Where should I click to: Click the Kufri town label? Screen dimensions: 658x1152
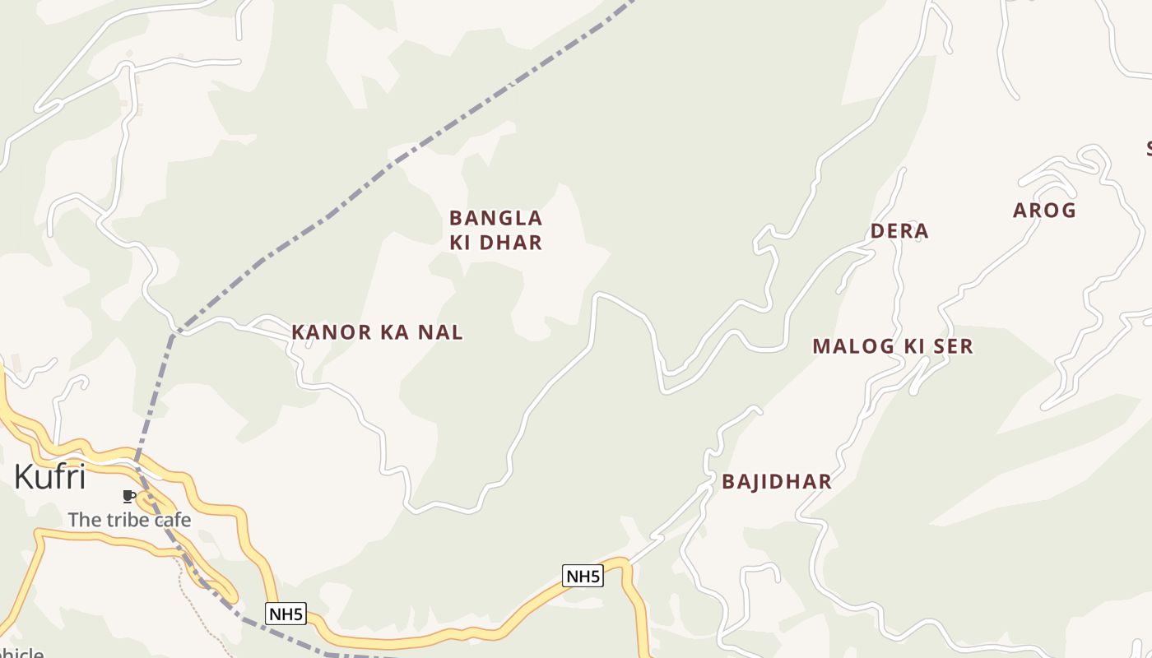pos(50,476)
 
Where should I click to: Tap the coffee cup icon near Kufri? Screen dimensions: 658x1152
pos(128,496)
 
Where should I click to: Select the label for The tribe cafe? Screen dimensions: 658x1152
pos(129,520)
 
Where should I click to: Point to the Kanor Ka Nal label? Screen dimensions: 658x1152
pos(377,332)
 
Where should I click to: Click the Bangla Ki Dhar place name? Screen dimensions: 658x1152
pos(495,230)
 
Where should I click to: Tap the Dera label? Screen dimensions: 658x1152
pos(899,231)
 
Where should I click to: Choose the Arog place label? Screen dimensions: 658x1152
pos(1044,211)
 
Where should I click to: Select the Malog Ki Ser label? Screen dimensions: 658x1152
pos(893,346)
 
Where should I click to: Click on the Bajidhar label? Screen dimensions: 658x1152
pos(777,482)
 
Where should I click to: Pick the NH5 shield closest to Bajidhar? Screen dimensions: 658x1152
pos(583,576)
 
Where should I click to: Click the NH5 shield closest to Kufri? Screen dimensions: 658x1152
pos(286,614)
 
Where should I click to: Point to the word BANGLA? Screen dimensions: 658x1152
pos(495,219)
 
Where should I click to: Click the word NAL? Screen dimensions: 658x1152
pos(445,332)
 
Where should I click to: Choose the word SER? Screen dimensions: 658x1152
pos(954,346)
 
